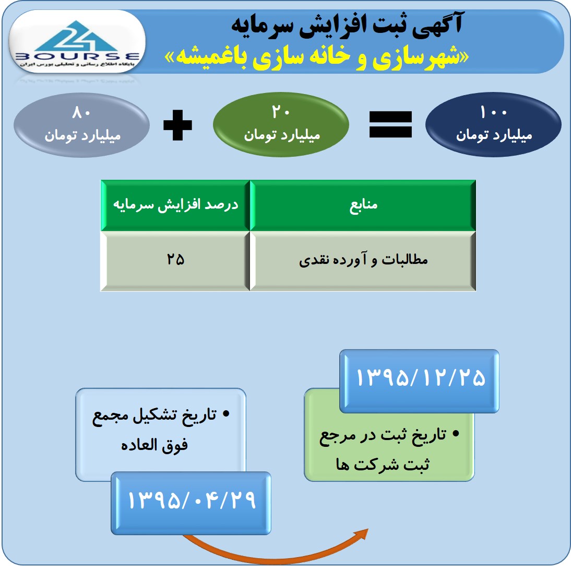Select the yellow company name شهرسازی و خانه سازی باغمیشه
[x=317, y=57]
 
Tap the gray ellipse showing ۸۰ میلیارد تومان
[x=81, y=125]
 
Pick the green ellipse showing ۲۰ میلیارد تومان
[x=281, y=124]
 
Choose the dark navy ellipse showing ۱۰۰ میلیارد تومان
[x=493, y=124]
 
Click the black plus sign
[x=177, y=125]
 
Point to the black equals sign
[x=391, y=124]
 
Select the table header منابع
[x=363, y=205]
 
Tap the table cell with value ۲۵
[x=175, y=261]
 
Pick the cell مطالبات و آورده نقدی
[x=363, y=261]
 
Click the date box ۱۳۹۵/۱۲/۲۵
[x=420, y=381]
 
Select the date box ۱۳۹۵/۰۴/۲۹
[x=191, y=503]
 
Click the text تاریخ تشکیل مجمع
[x=154, y=416]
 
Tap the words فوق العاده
[x=154, y=445]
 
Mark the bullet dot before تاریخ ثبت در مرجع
[x=456, y=433]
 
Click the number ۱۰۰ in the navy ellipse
[x=493, y=112]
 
